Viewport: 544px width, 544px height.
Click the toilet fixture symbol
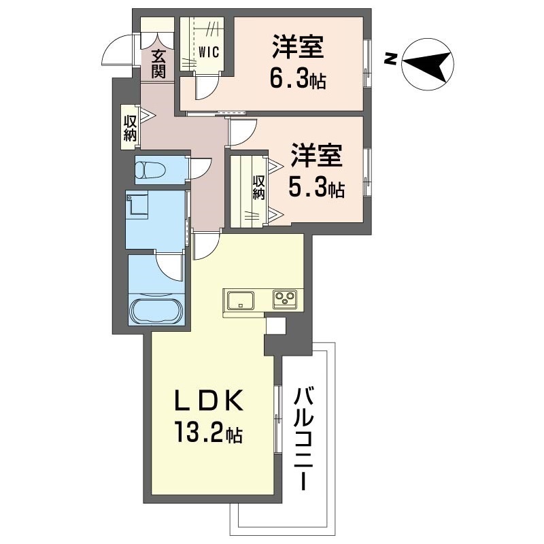(150, 170)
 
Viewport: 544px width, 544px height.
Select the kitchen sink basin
(241, 300)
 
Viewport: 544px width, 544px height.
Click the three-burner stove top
(285, 298)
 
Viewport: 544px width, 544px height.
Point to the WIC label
(209, 52)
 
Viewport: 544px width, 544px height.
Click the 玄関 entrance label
(158, 64)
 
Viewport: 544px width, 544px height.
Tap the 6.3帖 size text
(298, 80)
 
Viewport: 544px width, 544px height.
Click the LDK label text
(208, 402)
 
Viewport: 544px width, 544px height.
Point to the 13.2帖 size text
(209, 432)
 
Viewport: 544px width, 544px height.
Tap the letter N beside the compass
(391, 59)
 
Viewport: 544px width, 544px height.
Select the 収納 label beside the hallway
(130, 128)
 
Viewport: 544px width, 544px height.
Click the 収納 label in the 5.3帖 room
(259, 187)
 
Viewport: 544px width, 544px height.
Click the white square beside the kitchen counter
(276, 326)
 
